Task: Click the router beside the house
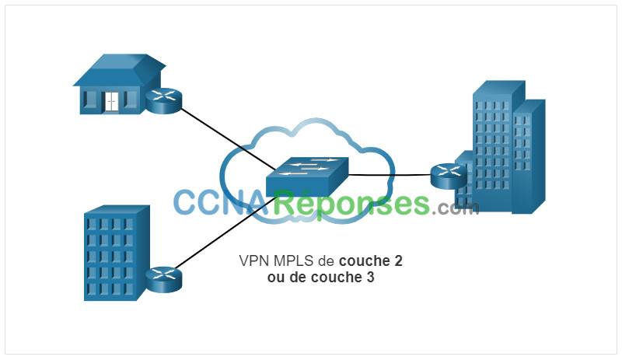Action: [163, 101]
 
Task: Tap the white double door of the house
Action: [111, 102]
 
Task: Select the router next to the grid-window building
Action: [163, 279]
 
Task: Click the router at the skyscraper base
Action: [449, 176]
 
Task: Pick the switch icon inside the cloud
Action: [307, 177]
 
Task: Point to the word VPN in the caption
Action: [254, 260]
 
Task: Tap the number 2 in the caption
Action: [398, 260]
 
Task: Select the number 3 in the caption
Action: [370, 277]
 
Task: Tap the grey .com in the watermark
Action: [456, 207]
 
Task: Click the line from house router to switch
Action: [228, 138]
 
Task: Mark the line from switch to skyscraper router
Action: [390, 175]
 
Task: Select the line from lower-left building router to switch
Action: [225, 232]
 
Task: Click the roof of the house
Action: [119, 69]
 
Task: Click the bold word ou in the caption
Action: [277, 278]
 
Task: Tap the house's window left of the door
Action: [91, 99]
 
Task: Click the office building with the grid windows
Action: [117, 253]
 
